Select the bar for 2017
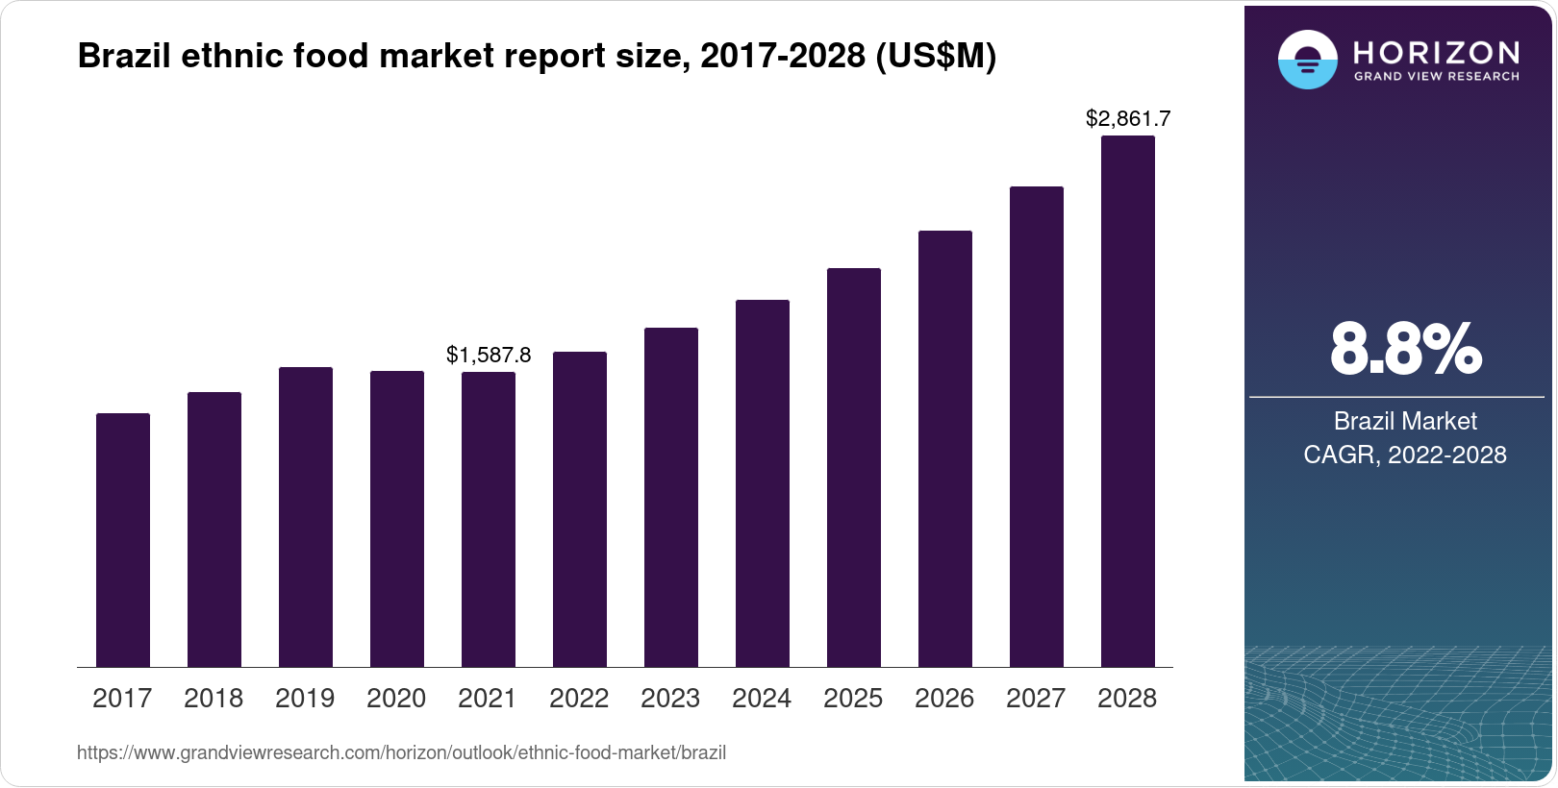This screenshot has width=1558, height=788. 123,540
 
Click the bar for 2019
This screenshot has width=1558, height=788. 306,517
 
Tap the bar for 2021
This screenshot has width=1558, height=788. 489,519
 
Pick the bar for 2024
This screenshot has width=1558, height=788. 763,483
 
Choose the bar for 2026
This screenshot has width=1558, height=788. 945,449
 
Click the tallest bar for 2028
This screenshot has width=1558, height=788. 1128,402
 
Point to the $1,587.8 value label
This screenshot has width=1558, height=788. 489,356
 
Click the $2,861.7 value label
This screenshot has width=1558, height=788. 1128,118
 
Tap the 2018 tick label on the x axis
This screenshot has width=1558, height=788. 214,699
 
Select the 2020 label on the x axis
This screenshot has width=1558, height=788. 396,699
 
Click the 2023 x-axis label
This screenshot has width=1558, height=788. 670,699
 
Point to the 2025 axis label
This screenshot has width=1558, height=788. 853,699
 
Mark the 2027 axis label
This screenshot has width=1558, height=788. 1036,699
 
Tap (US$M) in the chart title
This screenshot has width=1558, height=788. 935,57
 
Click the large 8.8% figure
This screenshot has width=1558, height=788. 1405,350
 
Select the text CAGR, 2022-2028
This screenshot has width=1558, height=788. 1405,455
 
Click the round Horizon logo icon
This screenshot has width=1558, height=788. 1307,60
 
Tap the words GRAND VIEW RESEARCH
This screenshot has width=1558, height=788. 1437,76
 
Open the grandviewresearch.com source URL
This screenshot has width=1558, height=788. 401,752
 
